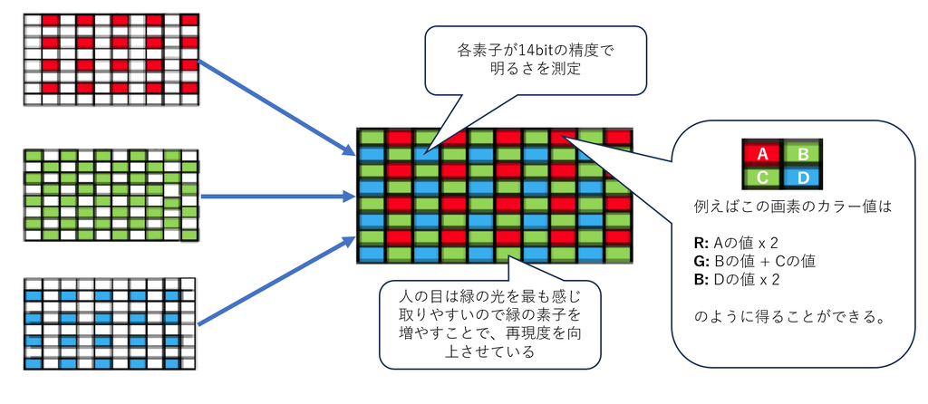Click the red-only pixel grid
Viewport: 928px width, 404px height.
coord(111,55)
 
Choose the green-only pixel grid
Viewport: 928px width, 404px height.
coord(111,195)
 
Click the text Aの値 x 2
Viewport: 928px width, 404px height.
coord(747,243)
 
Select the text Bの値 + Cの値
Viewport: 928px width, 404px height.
coord(767,261)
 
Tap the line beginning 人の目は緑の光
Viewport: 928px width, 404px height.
coord(488,295)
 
